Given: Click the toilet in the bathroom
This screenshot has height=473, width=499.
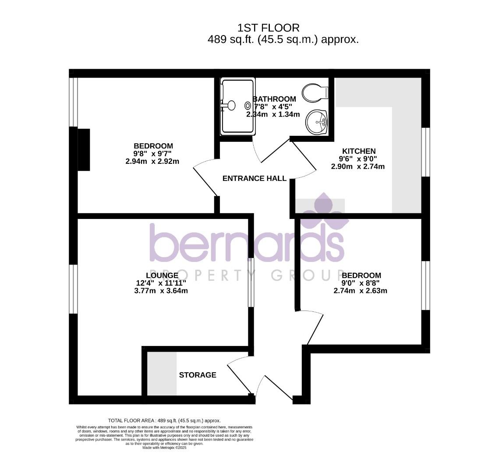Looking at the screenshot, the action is click(x=315, y=93).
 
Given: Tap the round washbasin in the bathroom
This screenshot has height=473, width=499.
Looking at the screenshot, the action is click(x=317, y=121).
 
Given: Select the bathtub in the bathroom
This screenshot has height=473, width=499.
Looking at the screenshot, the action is click(x=238, y=106).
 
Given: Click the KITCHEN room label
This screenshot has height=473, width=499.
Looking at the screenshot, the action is click(x=359, y=151).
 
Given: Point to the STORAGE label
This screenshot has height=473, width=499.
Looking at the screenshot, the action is click(x=198, y=375).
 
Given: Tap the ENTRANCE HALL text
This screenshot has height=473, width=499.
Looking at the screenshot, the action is click(x=254, y=178).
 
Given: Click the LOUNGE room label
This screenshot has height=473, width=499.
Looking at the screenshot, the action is click(x=162, y=275).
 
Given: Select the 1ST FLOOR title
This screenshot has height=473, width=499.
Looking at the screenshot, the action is click(x=268, y=28).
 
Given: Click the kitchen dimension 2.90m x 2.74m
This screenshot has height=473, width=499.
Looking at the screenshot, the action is click(x=357, y=166).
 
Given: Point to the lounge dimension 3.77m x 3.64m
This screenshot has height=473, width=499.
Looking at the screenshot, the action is click(x=161, y=291).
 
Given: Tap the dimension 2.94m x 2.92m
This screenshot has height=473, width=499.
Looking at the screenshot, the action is click(x=152, y=161).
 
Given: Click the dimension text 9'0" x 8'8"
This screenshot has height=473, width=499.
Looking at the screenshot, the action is click(x=361, y=283).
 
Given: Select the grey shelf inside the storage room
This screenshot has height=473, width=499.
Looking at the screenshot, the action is click(x=162, y=374).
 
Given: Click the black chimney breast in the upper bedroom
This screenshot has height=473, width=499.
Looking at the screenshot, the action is click(x=84, y=149).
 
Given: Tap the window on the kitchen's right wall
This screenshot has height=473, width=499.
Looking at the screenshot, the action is click(x=426, y=152).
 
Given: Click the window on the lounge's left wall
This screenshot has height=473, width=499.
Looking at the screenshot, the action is click(x=74, y=289).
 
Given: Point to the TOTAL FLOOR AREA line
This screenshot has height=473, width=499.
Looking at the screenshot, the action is click(x=164, y=420).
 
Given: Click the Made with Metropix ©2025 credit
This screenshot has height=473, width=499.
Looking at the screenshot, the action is click(x=164, y=448).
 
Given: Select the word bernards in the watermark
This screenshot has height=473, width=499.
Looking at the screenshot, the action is click(x=247, y=243).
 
